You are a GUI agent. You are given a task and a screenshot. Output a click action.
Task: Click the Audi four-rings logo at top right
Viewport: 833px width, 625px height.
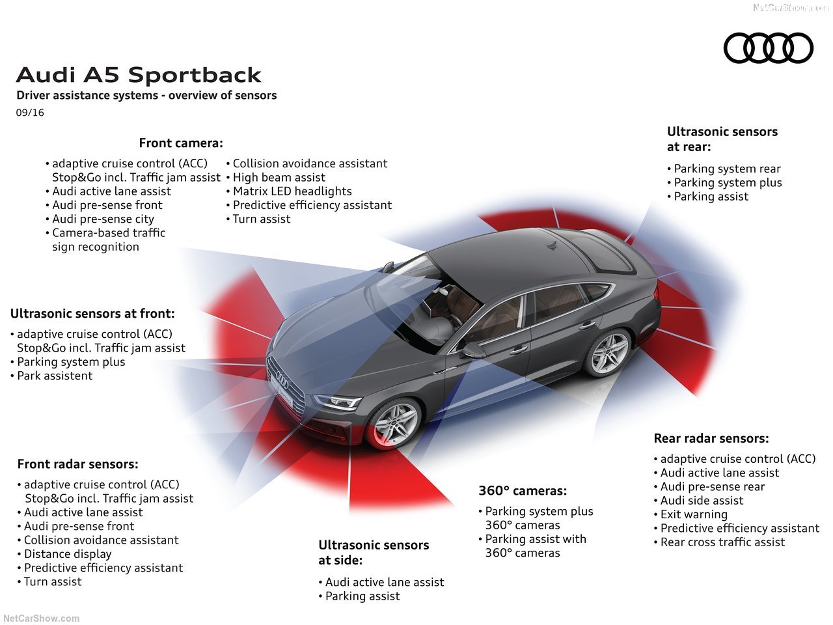pyautogui.click(x=769, y=48)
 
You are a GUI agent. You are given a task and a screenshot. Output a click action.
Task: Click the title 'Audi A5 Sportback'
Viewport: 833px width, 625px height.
pyautogui.click(x=139, y=75)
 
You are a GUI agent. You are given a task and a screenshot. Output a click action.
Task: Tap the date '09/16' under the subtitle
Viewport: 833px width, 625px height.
pyautogui.click(x=30, y=113)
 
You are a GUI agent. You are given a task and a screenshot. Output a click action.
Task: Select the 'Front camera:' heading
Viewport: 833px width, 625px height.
pyautogui.click(x=181, y=143)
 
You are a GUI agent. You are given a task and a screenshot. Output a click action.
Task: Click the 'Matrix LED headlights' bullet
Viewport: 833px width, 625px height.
pyautogui.click(x=292, y=191)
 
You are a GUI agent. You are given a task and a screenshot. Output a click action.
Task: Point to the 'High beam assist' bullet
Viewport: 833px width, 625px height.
pyautogui.click(x=279, y=178)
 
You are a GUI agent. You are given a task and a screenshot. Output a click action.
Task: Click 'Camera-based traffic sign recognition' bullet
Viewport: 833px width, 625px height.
pyautogui.click(x=108, y=240)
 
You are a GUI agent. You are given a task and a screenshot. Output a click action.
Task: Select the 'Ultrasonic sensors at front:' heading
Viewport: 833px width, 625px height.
pyautogui.click(x=92, y=314)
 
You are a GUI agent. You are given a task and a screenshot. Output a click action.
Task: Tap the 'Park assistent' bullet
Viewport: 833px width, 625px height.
pyautogui.click(x=55, y=376)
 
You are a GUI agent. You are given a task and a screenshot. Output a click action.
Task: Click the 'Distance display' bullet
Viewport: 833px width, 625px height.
pyautogui.click(x=68, y=554)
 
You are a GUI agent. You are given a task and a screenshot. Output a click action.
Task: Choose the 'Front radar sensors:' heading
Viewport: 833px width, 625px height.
pyautogui.click(x=77, y=464)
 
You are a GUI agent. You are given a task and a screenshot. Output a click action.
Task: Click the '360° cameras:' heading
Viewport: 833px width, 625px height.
pyautogui.click(x=523, y=491)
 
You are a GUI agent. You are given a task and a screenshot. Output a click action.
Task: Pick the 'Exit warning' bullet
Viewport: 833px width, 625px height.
pyautogui.click(x=694, y=514)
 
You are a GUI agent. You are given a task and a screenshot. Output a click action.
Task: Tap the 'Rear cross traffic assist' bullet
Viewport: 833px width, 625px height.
pyautogui.click(x=722, y=542)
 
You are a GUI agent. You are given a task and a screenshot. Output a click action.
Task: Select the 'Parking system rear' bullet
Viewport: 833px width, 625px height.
pyautogui.click(x=727, y=169)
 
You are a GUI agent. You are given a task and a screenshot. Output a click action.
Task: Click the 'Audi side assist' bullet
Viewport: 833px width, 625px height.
pyautogui.click(x=702, y=501)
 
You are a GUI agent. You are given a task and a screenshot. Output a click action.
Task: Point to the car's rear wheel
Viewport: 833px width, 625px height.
pyautogui.click(x=610, y=353)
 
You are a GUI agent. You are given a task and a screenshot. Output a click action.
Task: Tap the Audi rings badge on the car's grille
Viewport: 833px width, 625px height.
pyautogui.click(x=281, y=380)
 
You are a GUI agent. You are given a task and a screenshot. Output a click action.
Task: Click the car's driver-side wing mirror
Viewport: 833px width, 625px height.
pyautogui.click(x=474, y=351)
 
